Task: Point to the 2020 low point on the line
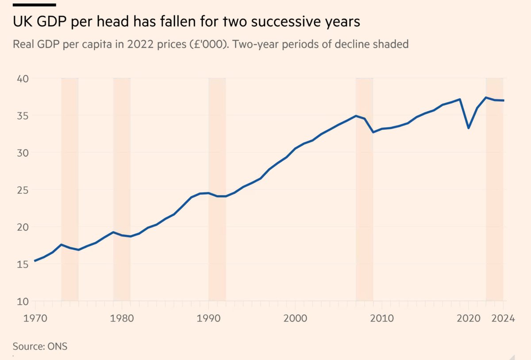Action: point(469,128)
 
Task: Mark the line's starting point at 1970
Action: point(35,261)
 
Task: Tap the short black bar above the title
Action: point(34,4)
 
